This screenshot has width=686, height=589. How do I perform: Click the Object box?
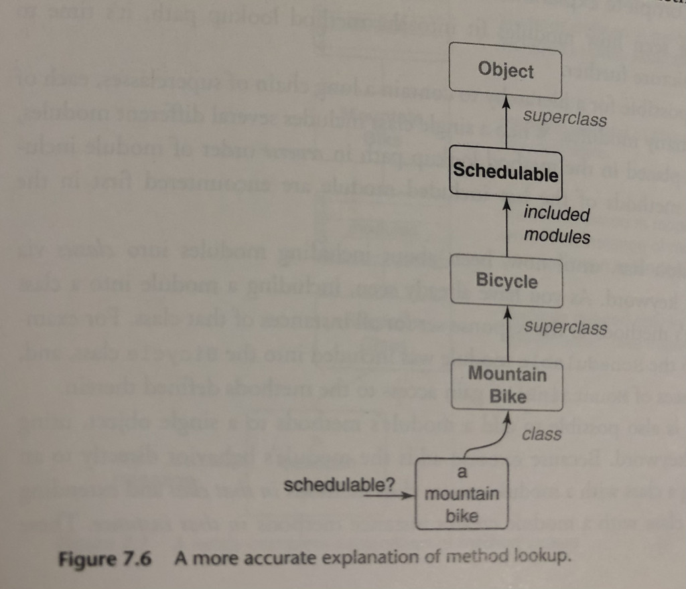(x=506, y=70)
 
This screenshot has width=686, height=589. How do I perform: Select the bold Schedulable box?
(x=506, y=173)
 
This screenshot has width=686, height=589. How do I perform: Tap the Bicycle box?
(x=506, y=281)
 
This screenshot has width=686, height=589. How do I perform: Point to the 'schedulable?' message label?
(x=339, y=483)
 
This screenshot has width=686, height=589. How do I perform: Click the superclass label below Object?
(x=565, y=118)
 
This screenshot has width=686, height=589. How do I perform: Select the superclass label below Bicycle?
(x=565, y=327)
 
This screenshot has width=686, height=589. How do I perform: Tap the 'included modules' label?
(x=556, y=225)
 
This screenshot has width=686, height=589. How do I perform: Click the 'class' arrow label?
(x=541, y=434)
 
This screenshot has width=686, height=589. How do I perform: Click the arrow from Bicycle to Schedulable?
(x=506, y=228)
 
